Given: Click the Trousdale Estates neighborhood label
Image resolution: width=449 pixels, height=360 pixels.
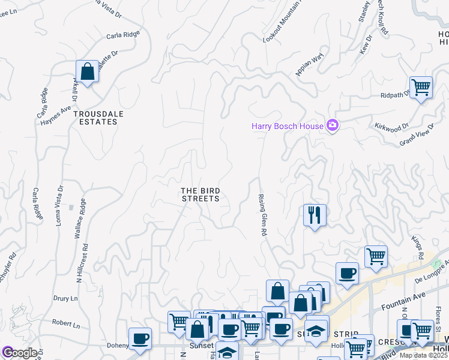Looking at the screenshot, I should [95, 117].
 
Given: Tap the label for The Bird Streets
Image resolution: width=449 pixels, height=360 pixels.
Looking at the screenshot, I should [200, 194].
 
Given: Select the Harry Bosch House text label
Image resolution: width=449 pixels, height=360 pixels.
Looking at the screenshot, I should [286, 125].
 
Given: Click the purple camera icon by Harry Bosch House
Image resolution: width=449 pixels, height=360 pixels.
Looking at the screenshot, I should [332, 125].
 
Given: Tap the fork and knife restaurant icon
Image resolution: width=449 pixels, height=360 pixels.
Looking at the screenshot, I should [315, 214].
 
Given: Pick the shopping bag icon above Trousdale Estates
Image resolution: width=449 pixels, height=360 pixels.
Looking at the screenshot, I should [88, 71].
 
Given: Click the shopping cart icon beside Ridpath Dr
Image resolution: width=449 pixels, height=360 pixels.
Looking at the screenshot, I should [421, 87].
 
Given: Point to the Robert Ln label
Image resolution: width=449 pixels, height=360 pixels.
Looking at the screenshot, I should [65, 324].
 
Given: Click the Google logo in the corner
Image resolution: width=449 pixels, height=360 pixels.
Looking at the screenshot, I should [19, 353].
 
